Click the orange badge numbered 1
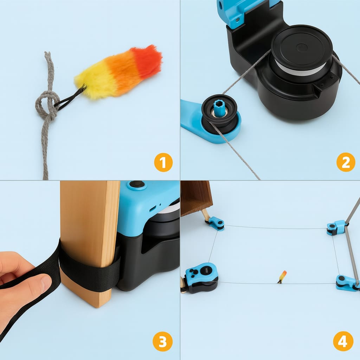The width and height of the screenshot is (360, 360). click(163, 162)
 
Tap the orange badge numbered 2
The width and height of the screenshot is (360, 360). click(346, 162)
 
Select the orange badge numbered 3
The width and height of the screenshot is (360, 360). click(162, 341)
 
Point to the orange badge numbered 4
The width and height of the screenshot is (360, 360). click(343, 341)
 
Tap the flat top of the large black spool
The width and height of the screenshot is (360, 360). click(302, 47)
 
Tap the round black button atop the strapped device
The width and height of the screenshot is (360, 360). click(137, 184)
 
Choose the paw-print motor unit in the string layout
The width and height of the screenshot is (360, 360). click(201, 277)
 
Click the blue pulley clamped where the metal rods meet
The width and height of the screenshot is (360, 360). click(336, 227)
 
